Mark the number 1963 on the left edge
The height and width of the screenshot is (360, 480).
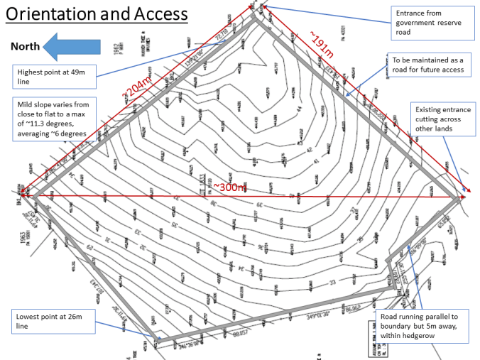point(25,235)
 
